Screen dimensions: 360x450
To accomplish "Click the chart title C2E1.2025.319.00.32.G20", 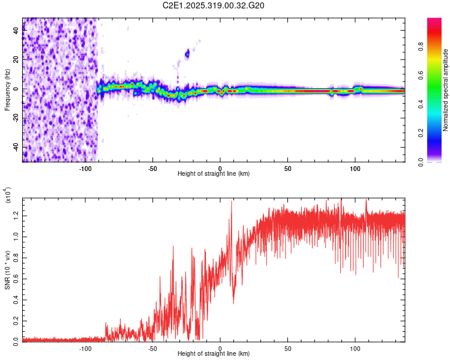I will [x=214, y=5].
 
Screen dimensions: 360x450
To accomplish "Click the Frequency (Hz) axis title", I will [x=7, y=89].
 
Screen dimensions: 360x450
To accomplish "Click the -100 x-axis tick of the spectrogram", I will [x=85, y=168].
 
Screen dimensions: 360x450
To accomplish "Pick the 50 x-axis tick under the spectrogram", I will [x=287, y=168].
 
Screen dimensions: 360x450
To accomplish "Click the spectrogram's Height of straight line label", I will [x=214, y=174].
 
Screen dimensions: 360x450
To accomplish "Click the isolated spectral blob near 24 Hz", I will [x=187, y=54].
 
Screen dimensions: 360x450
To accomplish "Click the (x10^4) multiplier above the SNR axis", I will [x=8, y=196].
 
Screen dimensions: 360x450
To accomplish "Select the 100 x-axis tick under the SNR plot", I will [x=355, y=348].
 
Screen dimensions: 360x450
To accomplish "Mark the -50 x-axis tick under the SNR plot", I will [x=152, y=348].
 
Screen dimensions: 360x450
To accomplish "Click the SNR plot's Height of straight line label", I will [x=214, y=354].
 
